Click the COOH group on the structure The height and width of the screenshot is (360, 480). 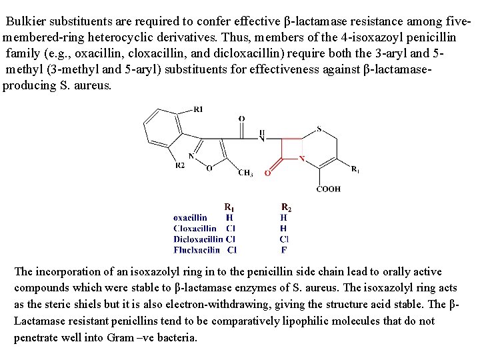click(328, 189)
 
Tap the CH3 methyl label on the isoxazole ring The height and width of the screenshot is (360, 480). click(245, 173)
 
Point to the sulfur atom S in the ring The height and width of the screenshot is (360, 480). click(319, 129)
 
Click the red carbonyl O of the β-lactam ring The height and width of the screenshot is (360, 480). click(267, 173)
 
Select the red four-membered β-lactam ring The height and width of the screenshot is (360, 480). click(291, 149)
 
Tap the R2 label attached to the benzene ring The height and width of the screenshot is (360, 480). click(180, 165)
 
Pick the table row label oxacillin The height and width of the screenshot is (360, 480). click(190, 217)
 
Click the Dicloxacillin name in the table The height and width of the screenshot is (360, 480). click(198, 239)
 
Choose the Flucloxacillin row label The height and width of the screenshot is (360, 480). click(197, 250)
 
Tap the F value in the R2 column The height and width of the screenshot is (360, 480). click(284, 250)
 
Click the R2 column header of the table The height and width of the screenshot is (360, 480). click(285, 207)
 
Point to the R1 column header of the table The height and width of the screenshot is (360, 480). click(229, 207)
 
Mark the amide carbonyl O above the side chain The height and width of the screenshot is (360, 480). click(241, 119)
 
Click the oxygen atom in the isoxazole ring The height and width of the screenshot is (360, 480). click(209, 168)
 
